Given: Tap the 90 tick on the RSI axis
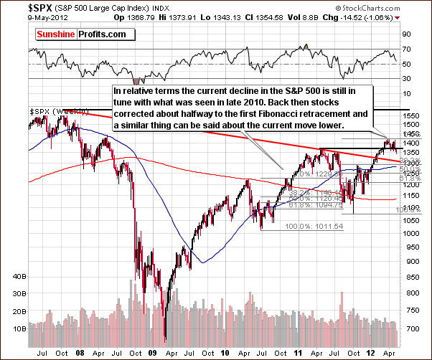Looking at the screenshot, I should coord(407,34).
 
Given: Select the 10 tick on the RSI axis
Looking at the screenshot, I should coord(407,93).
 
